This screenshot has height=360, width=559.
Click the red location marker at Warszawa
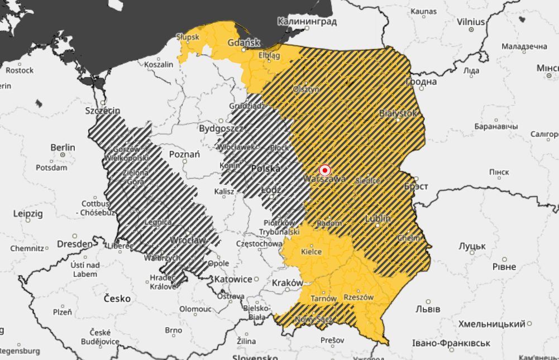click(324, 170)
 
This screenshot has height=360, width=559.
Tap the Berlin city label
click(63, 147)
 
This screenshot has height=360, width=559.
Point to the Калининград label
click(307, 22)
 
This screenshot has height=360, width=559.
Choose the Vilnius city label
click(471, 22)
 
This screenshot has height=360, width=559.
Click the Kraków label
click(287, 282)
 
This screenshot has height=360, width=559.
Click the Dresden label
click(74, 244)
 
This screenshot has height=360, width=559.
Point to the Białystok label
click(398, 113)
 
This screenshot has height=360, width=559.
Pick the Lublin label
click(378, 218)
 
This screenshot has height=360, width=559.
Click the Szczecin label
click(102, 111)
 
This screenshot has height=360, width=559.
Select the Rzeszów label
click(358, 297)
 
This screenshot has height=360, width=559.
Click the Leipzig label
click(27, 213)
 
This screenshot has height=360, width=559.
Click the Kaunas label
click(423, 11)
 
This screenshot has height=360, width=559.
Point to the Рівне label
click(504, 266)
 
